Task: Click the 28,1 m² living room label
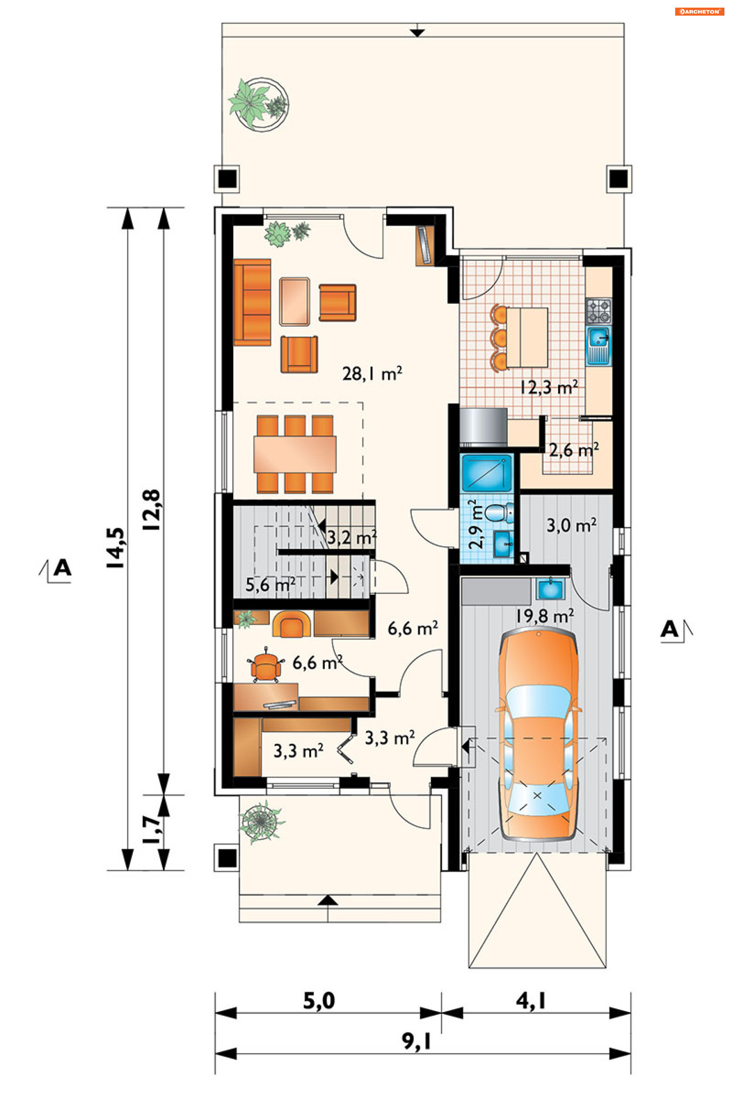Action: click(372, 374)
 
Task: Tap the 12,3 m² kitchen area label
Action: click(549, 387)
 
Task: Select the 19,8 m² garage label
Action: click(544, 616)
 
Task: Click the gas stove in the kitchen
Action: click(598, 311)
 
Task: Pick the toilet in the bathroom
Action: click(499, 513)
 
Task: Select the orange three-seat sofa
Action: click(252, 302)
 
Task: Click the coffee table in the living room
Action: click(295, 302)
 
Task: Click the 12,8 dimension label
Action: click(152, 510)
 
